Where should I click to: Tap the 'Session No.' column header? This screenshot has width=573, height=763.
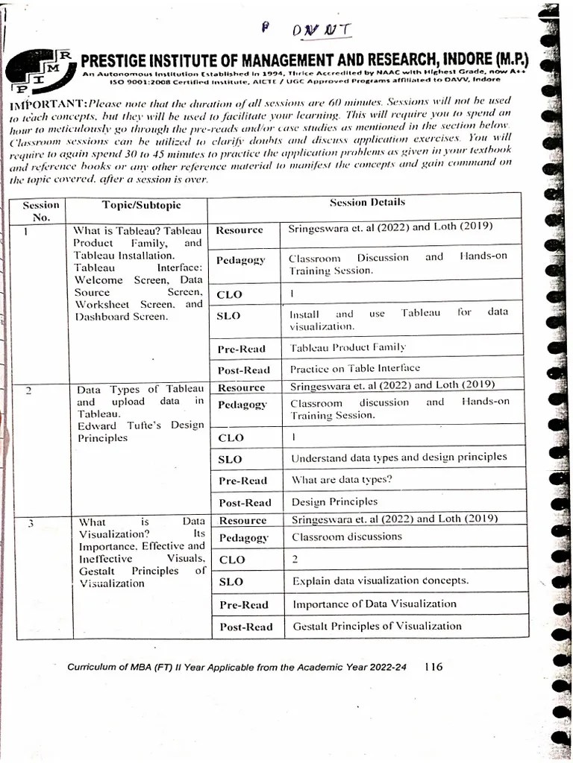click(x=40, y=211)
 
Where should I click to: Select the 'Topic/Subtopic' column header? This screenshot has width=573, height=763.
click(x=141, y=206)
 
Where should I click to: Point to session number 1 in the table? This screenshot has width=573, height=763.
click(x=27, y=231)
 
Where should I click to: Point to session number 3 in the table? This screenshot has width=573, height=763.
click(x=31, y=522)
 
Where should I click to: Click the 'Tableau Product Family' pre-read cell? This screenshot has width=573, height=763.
click(x=347, y=347)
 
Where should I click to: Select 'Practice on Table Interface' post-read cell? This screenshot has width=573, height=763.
click(x=354, y=368)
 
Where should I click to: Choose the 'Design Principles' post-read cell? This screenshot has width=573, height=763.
click(x=334, y=501)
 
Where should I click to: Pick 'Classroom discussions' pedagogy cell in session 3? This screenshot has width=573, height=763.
click(x=346, y=536)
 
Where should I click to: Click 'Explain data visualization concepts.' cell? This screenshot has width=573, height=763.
click(x=380, y=580)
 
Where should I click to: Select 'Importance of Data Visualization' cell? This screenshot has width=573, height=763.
click(x=374, y=604)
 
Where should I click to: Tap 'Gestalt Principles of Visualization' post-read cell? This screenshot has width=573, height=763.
click(x=377, y=626)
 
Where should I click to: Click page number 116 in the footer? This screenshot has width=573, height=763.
click(x=433, y=667)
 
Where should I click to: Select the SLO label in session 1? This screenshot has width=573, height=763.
click(x=228, y=316)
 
